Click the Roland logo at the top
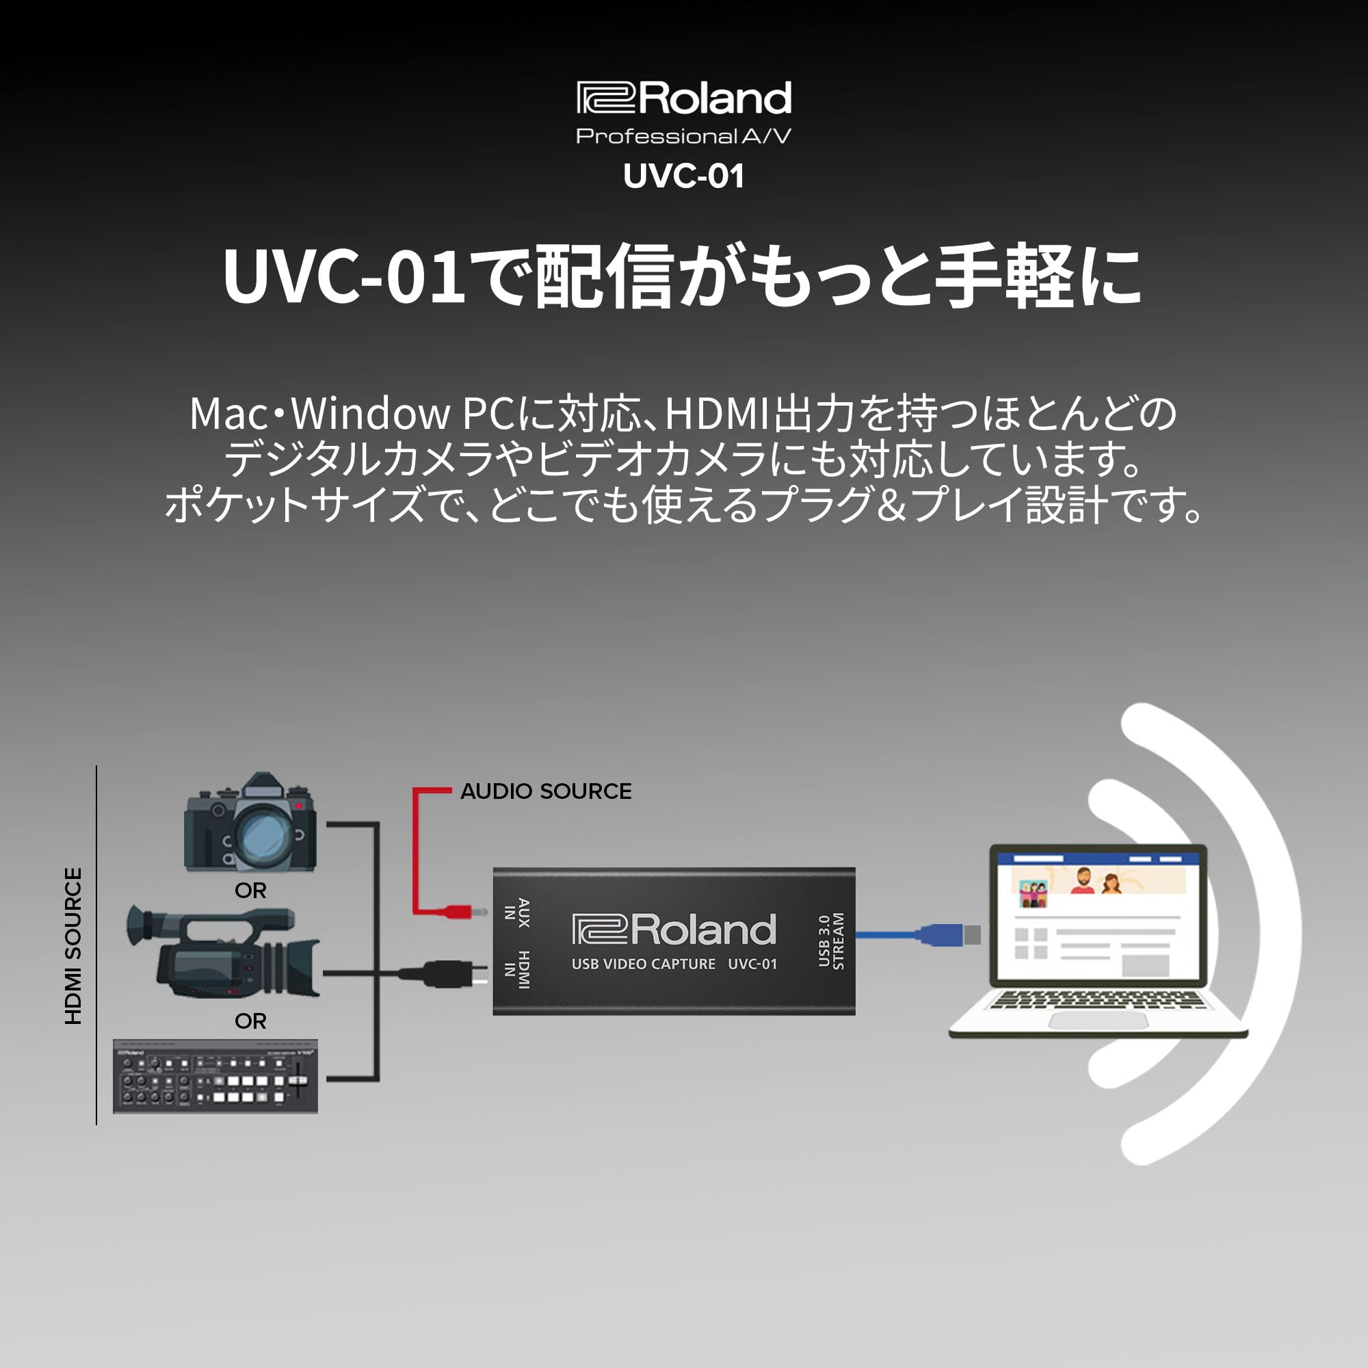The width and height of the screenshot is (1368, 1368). point(684,98)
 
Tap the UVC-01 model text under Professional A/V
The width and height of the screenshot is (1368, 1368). point(684,176)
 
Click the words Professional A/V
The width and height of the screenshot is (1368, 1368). point(684,136)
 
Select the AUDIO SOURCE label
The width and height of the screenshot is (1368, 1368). point(545,791)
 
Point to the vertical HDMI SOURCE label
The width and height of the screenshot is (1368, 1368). point(74,946)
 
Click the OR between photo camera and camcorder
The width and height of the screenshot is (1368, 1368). point(250,890)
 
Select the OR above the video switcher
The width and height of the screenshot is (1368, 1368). point(250,1021)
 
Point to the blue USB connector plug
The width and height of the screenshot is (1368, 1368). point(945,935)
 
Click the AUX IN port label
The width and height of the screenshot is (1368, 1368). point(517,912)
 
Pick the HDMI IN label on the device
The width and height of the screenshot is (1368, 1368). point(517,969)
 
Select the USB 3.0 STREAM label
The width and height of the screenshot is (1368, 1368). point(831,941)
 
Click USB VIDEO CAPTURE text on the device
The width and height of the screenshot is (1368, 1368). point(643,964)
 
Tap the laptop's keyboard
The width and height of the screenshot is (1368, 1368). point(1098,999)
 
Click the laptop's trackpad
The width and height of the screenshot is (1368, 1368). point(1098,1020)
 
